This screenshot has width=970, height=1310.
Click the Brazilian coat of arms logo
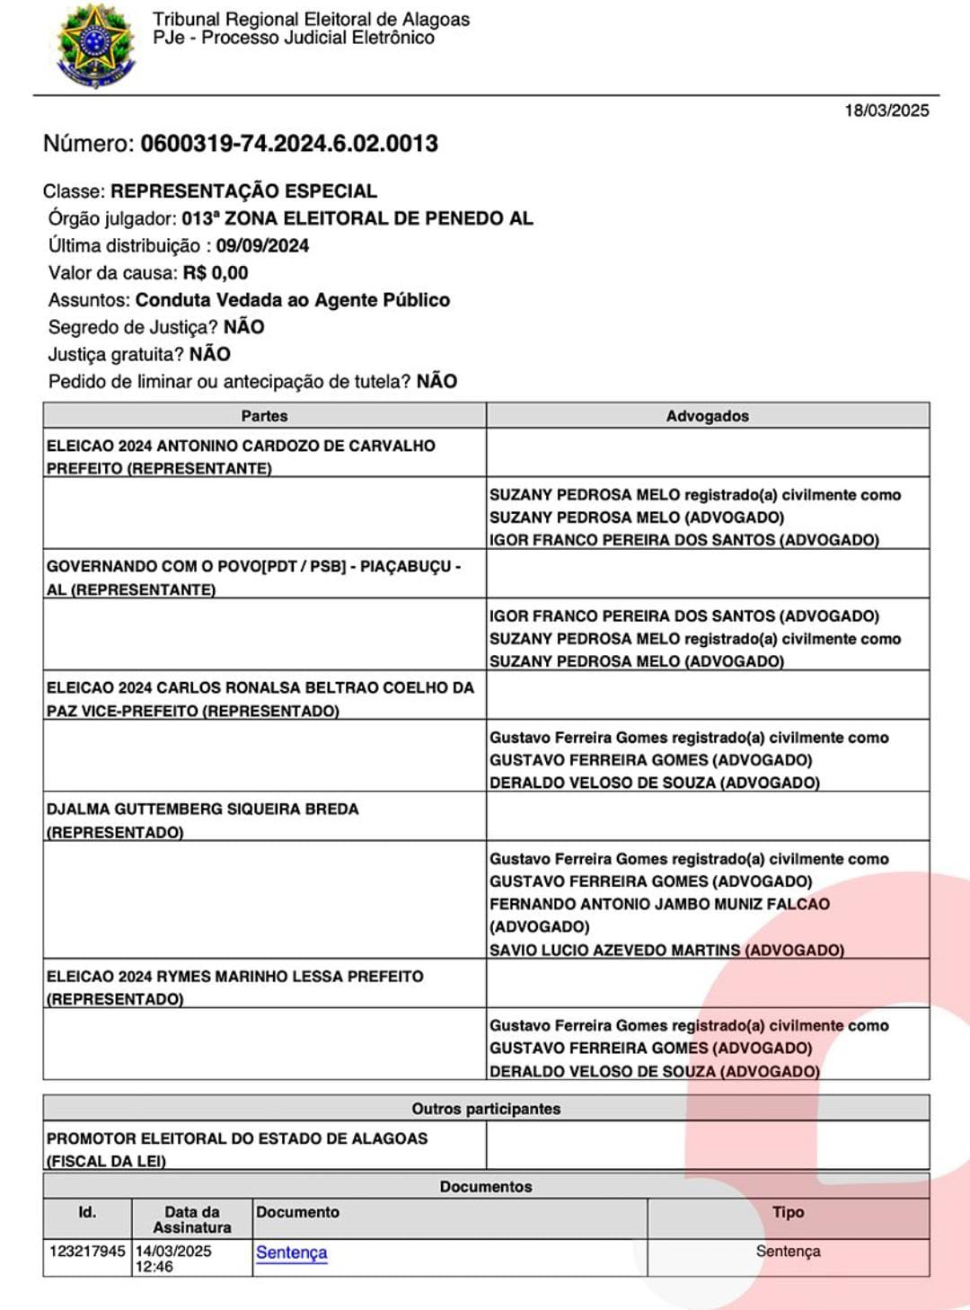(94, 46)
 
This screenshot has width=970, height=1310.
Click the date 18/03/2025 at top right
(886, 111)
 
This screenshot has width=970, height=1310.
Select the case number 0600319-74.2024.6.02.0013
(289, 144)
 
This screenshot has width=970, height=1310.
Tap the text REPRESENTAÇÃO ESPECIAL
(243, 191)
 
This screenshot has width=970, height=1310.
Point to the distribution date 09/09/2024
(262, 245)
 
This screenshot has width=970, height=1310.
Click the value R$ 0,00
(216, 273)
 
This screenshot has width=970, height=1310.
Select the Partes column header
(264, 416)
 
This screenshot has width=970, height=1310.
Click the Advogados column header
(707, 416)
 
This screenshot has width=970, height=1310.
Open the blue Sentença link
(291, 1252)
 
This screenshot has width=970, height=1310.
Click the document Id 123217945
(87, 1251)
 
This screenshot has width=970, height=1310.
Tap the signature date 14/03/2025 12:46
(173, 1258)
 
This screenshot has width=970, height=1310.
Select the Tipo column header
(788, 1212)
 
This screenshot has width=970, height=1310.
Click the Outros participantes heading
(486, 1109)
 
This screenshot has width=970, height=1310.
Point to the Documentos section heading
(486, 1187)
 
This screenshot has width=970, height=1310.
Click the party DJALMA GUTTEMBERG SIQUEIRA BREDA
(203, 810)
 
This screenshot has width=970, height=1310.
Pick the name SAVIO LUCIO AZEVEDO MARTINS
(615, 950)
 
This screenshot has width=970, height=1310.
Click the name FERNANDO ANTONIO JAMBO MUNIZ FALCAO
(659, 904)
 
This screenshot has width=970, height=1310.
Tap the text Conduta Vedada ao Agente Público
(293, 300)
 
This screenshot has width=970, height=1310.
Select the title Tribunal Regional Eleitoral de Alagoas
(311, 19)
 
